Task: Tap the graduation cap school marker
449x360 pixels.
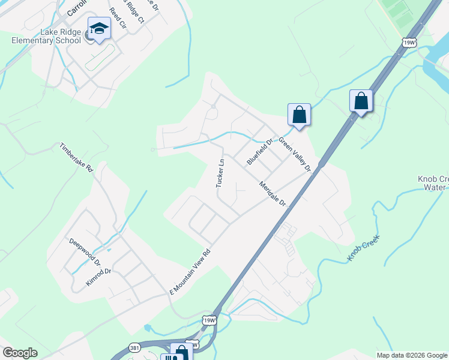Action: (98, 28)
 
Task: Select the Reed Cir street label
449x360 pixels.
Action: (118, 19)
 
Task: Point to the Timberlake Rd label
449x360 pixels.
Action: (76, 158)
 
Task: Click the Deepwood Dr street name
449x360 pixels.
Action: (84, 252)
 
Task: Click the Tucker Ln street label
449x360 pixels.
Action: (221, 173)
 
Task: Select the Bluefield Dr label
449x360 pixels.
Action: (259, 152)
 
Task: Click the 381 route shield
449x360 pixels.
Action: (136, 348)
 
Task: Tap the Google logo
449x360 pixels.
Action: (20, 353)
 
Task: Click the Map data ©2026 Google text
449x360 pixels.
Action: (411, 355)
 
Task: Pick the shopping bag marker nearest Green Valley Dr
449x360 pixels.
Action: (298, 115)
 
